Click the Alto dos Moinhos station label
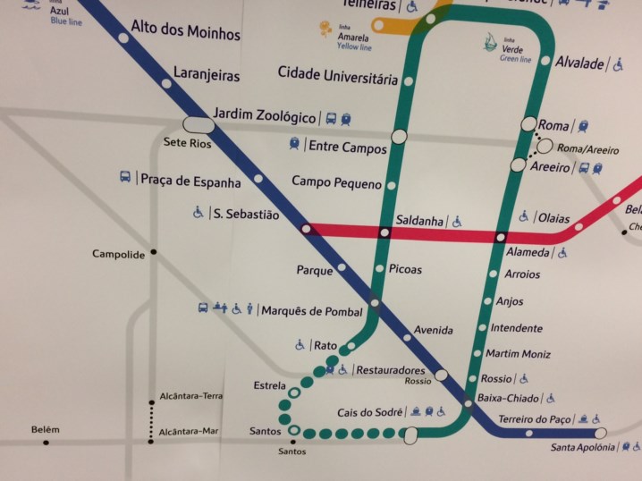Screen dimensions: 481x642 185,31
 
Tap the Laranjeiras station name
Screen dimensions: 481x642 207,76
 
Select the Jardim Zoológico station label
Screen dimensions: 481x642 265,117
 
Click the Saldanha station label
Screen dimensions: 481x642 419,221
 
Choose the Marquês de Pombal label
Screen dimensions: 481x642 311,311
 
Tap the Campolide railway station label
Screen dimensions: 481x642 118,255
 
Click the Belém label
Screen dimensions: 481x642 45,429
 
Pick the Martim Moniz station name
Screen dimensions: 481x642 518,354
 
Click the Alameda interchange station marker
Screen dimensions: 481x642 501,237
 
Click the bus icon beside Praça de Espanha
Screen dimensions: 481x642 125,177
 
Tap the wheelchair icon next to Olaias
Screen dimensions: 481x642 524,216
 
